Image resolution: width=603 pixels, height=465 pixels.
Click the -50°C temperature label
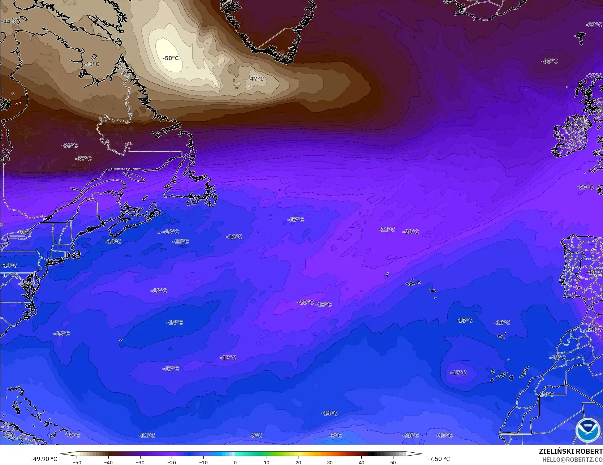(x=171, y=58)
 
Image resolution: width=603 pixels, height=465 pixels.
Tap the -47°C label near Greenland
(x=256, y=79)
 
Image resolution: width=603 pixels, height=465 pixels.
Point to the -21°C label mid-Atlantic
(x=387, y=229)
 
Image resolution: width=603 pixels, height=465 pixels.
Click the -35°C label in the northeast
(x=549, y=61)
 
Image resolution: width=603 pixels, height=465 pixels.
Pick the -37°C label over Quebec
(x=83, y=159)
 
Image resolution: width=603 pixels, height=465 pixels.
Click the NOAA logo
(x=587, y=430)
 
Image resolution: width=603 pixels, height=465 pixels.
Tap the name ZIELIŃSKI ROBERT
(x=570, y=451)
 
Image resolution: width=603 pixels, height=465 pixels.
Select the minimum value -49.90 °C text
(x=44, y=459)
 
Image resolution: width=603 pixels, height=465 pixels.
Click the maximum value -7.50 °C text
(x=438, y=459)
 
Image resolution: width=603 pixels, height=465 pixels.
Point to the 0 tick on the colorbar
(x=235, y=462)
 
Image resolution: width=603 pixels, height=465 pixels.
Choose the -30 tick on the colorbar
(x=140, y=462)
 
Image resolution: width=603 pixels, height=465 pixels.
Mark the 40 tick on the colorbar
(x=361, y=462)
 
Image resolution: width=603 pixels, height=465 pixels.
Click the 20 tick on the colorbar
(x=298, y=462)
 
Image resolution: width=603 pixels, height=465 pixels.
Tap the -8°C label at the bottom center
(x=335, y=435)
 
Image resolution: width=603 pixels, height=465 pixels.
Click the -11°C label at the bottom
(x=147, y=435)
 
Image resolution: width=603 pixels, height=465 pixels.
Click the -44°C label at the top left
(x=9, y=22)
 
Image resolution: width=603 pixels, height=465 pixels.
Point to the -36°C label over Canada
(x=69, y=145)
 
